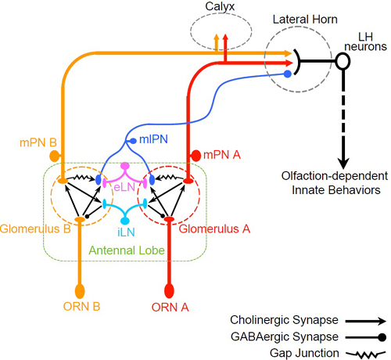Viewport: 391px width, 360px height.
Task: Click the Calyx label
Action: tap(220, 7)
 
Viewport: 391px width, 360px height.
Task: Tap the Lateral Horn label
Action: tap(305, 20)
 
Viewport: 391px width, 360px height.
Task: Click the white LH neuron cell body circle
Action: tap(343, 61)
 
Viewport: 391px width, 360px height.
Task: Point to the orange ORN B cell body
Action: tap(80, 291)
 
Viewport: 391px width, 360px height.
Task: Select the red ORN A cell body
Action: tap(169, 290)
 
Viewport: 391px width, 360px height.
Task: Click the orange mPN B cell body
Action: tap(54, 156)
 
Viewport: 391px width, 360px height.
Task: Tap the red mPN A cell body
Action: tap(196, 156)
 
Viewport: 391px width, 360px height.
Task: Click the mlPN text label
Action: tap(153, 139)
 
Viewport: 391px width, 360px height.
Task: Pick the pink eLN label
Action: tap(124, 187)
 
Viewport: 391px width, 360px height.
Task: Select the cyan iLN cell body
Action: tap(125, 221)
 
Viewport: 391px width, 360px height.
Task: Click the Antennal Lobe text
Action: tap(127, 250)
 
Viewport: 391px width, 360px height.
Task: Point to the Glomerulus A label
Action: tap(214, 229)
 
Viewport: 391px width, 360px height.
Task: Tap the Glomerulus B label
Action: tap(35, 229)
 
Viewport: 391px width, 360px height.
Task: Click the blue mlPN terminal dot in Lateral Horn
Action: tap(288, 74)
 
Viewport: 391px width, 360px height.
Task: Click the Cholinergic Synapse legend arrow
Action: tap(366, 321)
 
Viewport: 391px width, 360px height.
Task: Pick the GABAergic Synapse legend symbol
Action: tap(366, 337)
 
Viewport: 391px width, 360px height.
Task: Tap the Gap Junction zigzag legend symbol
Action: tap(366, 355)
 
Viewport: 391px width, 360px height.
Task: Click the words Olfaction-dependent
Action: tap(335, 176)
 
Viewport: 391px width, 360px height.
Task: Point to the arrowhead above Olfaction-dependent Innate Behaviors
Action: tap(343, 163)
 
